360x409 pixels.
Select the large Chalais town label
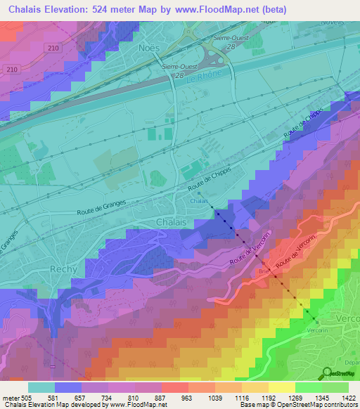click(x=171, y=222)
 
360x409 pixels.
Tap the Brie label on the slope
click(x=264, y=269)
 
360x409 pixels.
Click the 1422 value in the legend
click(x=347, y=397)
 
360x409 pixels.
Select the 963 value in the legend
click(x=186, y=397)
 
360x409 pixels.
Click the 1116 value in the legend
click(x=239, y=397)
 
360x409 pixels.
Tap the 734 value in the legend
click(x=106, y=397)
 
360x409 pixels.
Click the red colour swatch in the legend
click(x=174, y=387)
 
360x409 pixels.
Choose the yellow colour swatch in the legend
click(x=281, y=387)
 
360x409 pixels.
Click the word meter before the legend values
click(x=12, y=397)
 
